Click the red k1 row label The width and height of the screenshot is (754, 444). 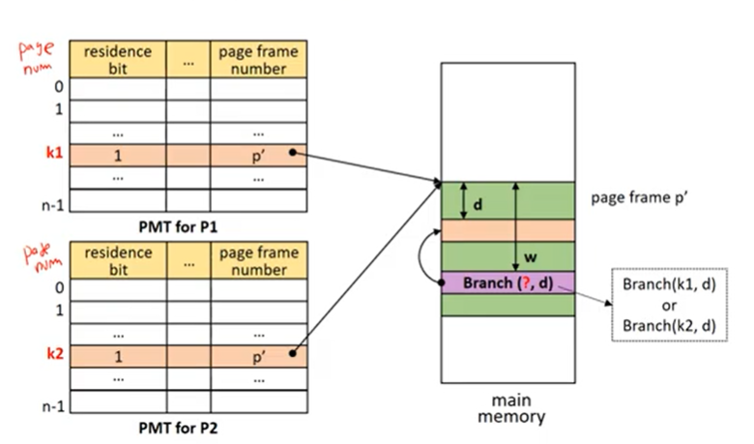coord(54,153)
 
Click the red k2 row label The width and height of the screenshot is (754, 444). coord(55,354)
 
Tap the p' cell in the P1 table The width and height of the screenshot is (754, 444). coord(258,156)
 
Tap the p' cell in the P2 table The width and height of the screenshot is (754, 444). coord(259,356)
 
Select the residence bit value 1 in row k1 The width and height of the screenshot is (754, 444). coord(118,156)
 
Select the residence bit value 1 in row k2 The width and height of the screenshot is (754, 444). coord(118,356)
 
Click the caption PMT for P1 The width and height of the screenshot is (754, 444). coord(178,226)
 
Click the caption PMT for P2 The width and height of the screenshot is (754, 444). coord(178,428)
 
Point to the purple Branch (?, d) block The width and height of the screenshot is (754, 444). coord(507,282)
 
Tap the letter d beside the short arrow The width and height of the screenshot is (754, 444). coord(478,205)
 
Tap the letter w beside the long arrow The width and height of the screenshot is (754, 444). coord(531,257)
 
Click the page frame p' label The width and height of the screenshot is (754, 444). coord(639,197)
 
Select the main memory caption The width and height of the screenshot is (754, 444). coord(511,408)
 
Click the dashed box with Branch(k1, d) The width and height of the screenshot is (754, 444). coord(669,305)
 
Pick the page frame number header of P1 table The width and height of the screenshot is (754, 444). coord(258,59)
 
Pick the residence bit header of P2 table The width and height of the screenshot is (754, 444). coord(118,260)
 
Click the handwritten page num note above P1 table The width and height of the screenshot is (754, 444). coord(36,57)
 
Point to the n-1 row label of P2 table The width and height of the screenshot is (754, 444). coord(53,406)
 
